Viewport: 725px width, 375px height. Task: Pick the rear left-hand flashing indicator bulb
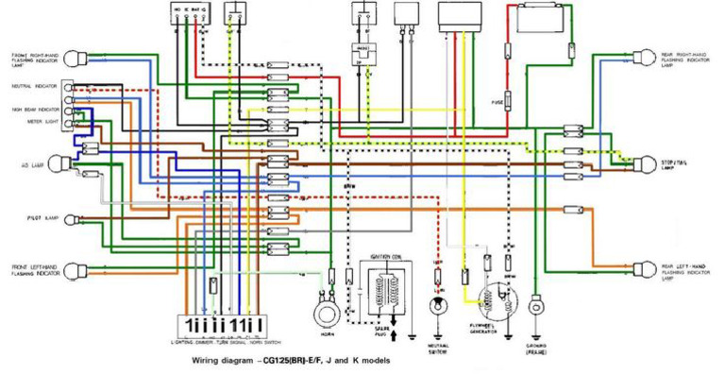point(647,271)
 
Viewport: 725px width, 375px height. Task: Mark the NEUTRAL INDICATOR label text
point(31,86)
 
